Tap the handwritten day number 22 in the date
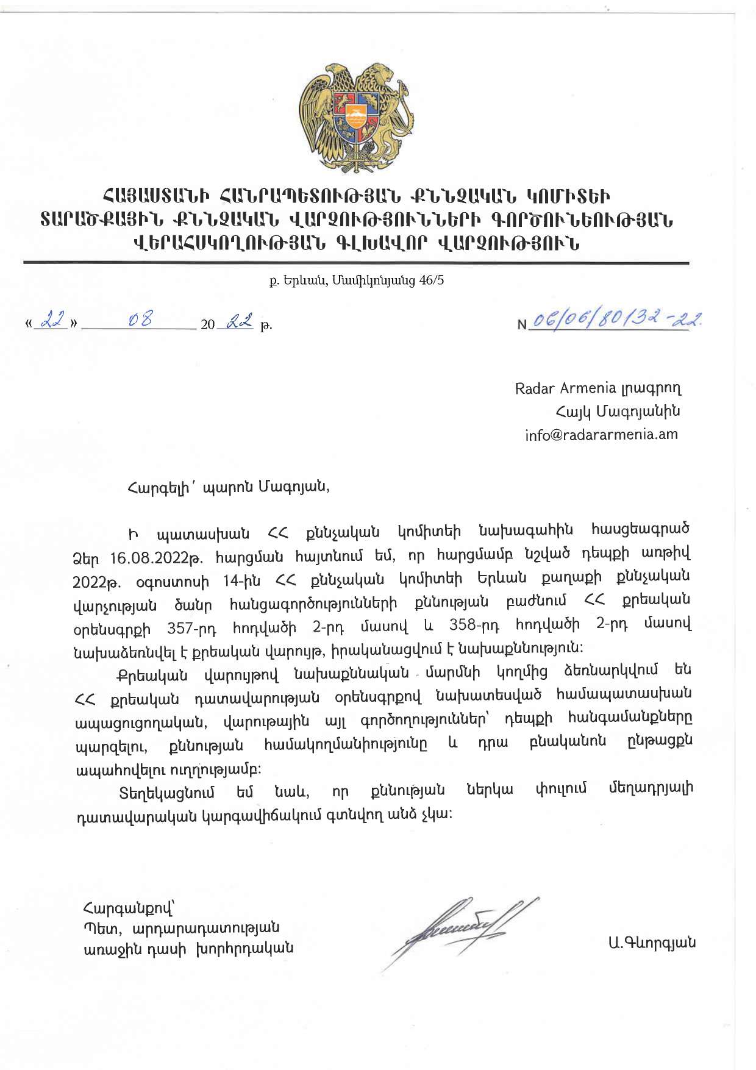coord(51,320)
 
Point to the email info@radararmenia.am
coord(601,435)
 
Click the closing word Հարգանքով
coord(127,908)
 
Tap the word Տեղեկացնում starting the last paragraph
coord(166,793)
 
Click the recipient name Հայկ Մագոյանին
coord(618,412)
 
